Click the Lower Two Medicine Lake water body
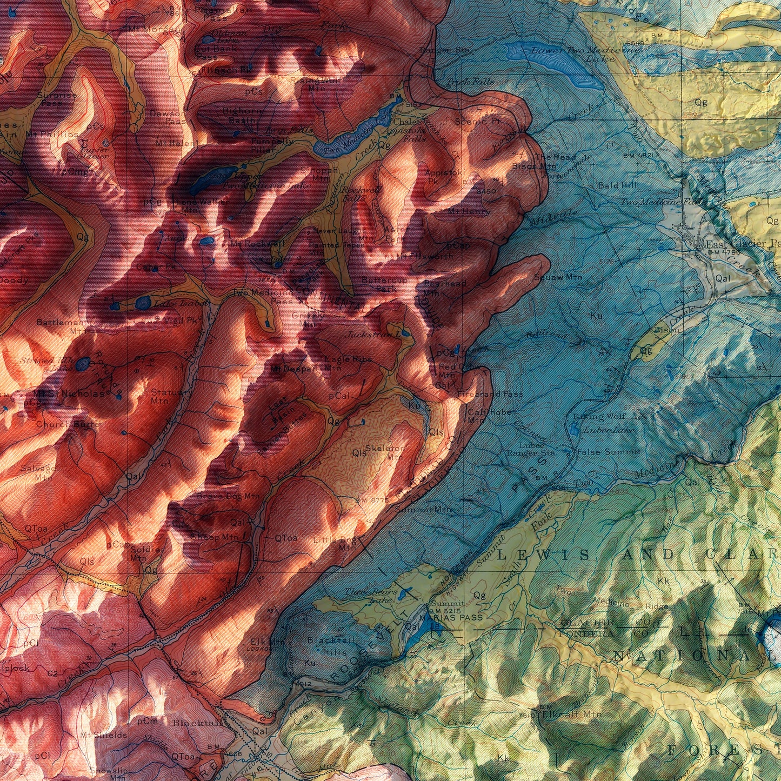[557, 62]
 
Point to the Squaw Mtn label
[557, 277]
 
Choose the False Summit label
[609, 452]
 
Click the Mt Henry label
[469, 211]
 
